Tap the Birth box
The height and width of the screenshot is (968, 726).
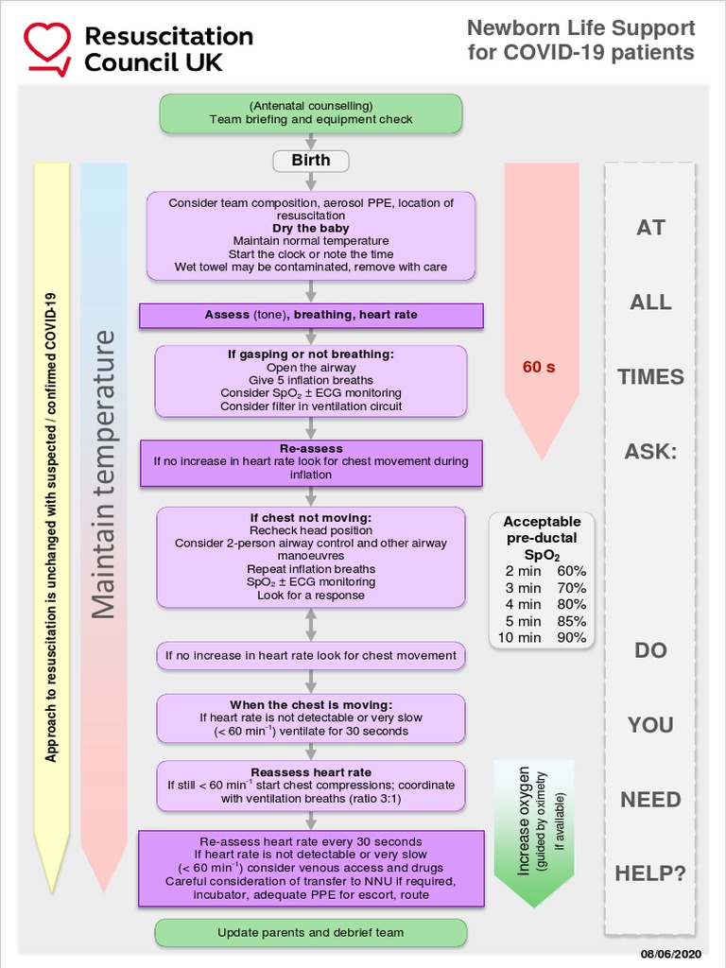point(311,161)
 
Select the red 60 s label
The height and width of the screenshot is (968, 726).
point(539,367)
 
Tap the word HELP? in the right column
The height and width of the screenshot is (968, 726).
point(650,873)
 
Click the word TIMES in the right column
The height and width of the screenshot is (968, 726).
point(650,377)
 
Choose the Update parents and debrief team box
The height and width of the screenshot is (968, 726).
point(311,933)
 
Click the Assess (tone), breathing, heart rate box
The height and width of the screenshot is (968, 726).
point(311,315)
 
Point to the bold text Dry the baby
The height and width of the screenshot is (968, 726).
point(311,229)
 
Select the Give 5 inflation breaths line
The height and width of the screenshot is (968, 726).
point(311,380)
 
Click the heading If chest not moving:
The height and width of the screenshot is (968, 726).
point(311,518)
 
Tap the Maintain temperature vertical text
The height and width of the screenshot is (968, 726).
point(104,473)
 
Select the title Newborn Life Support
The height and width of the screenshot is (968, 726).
point(580,28)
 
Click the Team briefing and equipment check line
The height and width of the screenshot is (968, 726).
point(311,120)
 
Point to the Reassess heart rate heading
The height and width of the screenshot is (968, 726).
point(311,772)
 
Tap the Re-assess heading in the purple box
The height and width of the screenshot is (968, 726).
point(311,449)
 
